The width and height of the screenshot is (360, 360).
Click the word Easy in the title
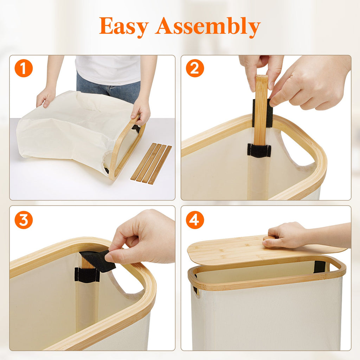[124, 26]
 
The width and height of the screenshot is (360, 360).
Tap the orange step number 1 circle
[24, 69]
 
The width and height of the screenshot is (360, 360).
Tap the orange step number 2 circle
[195, 69]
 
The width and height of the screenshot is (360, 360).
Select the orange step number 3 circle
[24, 220]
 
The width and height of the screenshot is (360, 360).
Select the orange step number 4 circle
[195, 220]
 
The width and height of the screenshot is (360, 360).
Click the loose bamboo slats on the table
[151, 164]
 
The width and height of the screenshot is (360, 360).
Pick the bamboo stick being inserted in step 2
[261, 109]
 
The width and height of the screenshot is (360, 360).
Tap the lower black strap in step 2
[259, 150]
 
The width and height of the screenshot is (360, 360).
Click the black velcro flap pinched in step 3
[98, 260]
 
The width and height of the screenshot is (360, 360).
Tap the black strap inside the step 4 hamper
[319, 267]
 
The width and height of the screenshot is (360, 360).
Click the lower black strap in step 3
[86, 275]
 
